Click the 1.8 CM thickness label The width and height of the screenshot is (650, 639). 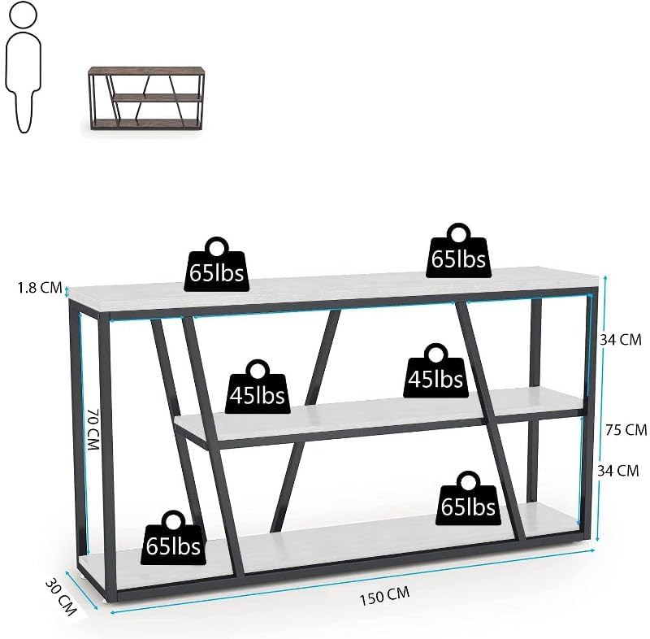click(x=40, y=286)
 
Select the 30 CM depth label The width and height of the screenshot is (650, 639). click(x=59, y=596)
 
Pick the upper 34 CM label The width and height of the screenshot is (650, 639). click(x=621, y=340)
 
